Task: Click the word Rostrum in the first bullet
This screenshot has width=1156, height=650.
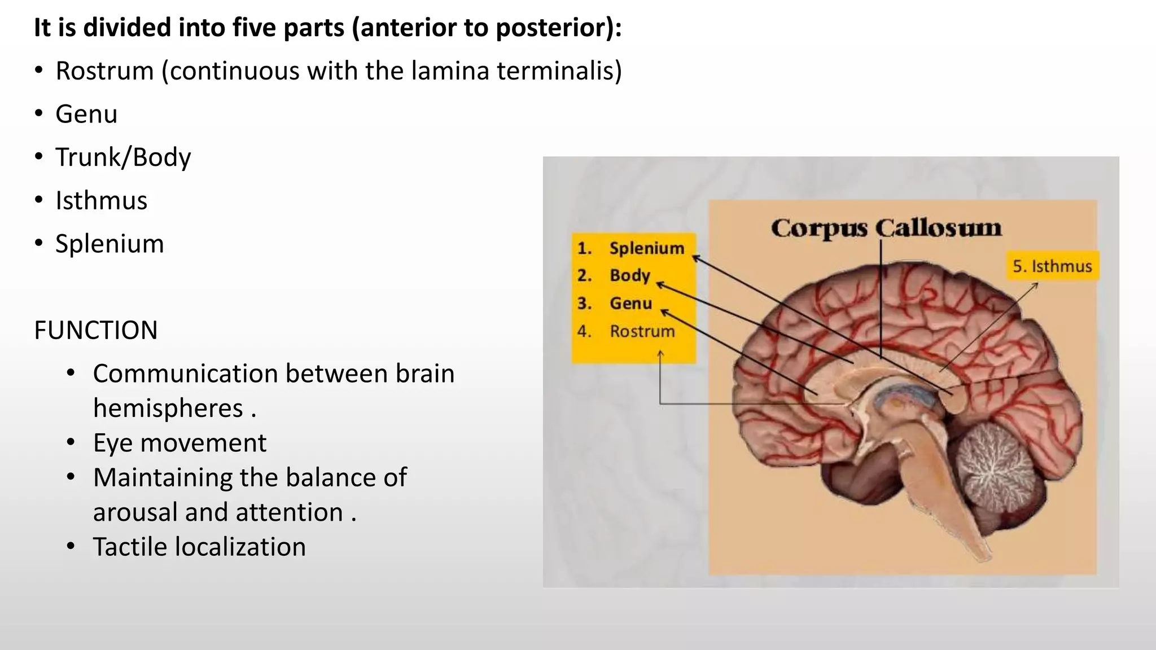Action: pos(105,71)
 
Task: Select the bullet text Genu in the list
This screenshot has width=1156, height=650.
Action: pos(86,115)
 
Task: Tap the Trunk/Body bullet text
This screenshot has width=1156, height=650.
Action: pos(123,157)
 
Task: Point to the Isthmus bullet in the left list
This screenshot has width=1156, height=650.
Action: pos(101,201)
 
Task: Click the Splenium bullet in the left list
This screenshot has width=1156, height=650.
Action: pos(110,244)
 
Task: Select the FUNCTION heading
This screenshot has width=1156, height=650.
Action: pos(96,330)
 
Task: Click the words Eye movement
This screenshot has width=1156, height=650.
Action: pos(179,443)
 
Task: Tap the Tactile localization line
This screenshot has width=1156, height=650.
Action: pos(199,547)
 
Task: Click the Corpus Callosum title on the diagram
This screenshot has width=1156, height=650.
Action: pos(886,228)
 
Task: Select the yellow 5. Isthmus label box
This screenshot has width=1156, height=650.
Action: pos(1052,266)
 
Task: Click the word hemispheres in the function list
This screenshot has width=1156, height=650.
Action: pos(168,409)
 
